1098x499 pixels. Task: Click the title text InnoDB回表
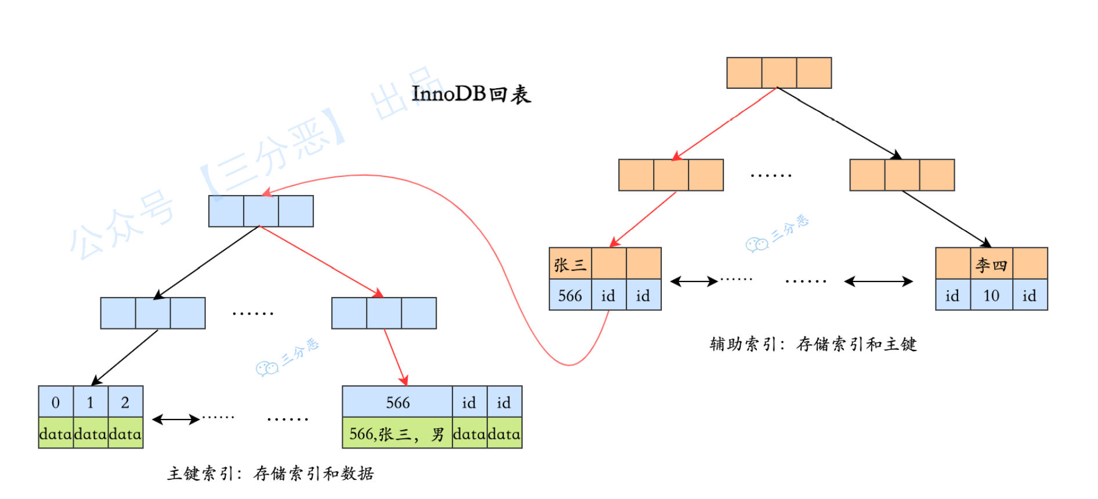471,94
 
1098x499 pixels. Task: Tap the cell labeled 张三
570,265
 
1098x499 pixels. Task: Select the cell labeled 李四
991,265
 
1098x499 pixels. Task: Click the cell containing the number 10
991,296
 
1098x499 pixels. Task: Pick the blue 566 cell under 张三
570,296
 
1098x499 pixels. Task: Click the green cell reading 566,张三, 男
397,434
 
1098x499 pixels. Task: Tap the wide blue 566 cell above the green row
397,402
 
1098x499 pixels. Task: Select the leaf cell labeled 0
56,402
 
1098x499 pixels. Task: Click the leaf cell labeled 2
125,402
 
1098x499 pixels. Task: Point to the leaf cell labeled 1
90,402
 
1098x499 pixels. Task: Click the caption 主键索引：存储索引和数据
270,473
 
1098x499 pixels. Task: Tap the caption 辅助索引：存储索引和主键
813,344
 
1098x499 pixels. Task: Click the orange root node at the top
779,73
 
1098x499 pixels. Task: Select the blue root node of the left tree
261,211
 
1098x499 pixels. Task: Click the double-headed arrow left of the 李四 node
878,282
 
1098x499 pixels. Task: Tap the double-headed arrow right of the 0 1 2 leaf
176,419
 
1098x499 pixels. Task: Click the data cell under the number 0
56,434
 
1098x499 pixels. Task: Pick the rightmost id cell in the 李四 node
1030,296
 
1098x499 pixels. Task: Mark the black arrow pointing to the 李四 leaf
945,219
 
